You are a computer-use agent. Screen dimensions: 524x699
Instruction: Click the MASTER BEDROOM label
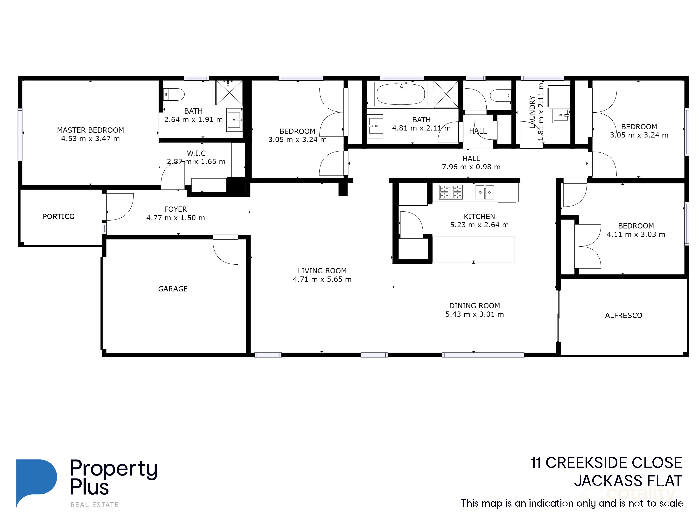click(90, 130)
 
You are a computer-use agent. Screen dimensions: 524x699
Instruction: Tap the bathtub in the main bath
click(401, 94)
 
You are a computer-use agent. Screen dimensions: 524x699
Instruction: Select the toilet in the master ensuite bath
click(175, 94)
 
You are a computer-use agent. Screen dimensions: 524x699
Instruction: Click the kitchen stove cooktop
click(451, 192)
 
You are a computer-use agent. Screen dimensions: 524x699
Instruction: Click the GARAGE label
click(173, 289)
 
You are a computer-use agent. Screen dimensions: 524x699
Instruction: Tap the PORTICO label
click(59, 216)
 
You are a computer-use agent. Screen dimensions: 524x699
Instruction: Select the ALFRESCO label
click(623, 315)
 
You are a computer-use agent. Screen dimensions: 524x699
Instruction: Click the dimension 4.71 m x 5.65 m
click(322, 279)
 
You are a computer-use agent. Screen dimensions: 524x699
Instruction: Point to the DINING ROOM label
click(474, 306)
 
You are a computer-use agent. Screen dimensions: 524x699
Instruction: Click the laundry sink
click(561, 116)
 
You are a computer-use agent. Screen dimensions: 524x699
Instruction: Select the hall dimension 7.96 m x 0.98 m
click(471, 167)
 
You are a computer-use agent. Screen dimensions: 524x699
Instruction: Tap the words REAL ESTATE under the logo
click(94, 505)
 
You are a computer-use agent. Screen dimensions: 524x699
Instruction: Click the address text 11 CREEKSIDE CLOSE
click(606, 463)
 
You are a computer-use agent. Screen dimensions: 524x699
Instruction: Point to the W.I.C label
click(196, 153)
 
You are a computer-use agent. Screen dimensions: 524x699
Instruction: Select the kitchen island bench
click(473, 249)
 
